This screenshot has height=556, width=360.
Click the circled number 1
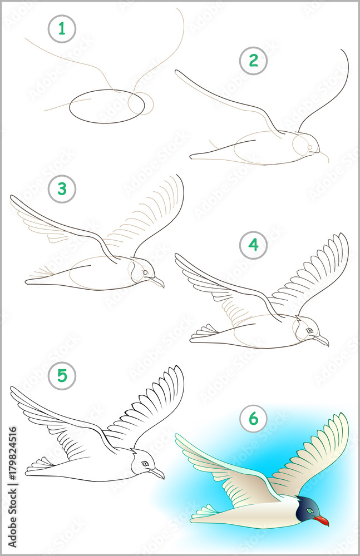pyautogui.click(x=62, y=29)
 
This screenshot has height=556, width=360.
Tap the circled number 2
pyautogui.click(x=254, y=61)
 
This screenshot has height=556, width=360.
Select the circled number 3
pyautogui.click(x=62, y=189)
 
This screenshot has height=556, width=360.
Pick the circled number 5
pyautogui.click(x=62, y=376)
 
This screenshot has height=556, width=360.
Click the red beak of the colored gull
pyautogui.click(x=321, y=520)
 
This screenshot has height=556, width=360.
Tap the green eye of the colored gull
pyautogui.click(x=310, y=510)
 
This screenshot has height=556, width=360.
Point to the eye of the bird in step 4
pyautogui.click(x=310, y=331)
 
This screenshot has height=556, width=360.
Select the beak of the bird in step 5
pyautogui.click(x=157, y=473)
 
